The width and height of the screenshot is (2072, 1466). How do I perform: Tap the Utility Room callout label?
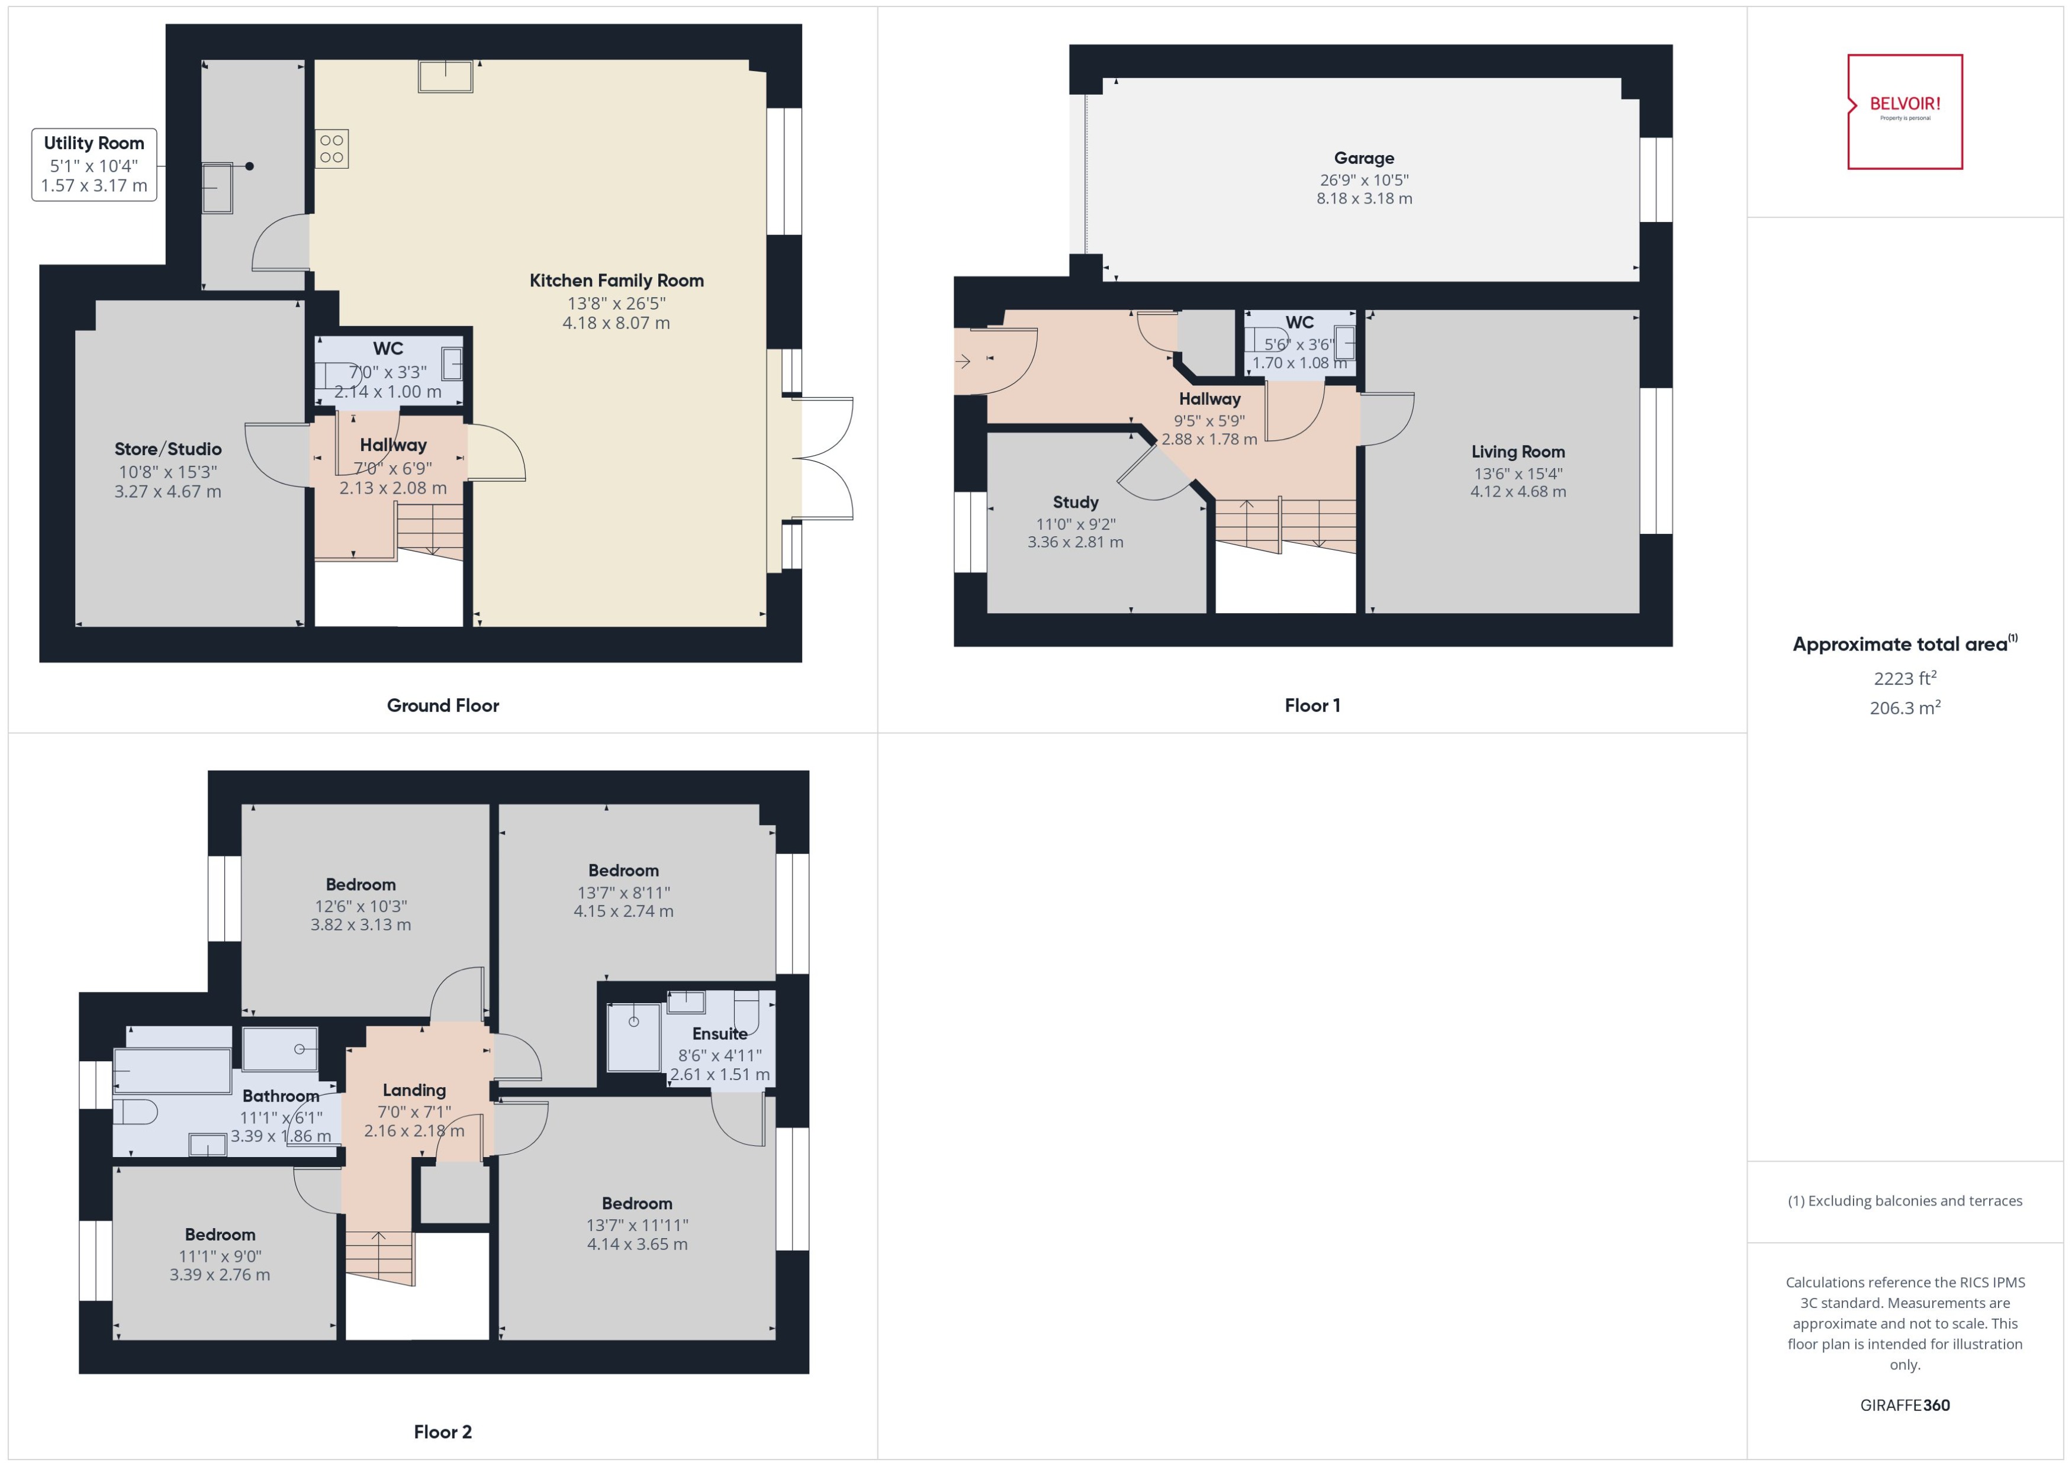(94, 165)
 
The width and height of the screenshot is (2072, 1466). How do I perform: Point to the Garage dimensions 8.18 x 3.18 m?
(1363, 199)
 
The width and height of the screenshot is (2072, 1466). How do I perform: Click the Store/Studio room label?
(168, 449)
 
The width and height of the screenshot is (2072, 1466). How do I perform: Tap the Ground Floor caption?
(442, 705)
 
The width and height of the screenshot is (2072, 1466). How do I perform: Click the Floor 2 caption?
(442, 1431)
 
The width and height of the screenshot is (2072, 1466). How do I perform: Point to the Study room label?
(1074, 502)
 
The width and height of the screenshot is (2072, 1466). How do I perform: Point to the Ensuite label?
(719, 1033)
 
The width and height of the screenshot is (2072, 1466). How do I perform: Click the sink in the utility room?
(217, 188)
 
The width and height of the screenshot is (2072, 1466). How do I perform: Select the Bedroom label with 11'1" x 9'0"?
(220, 1234)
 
